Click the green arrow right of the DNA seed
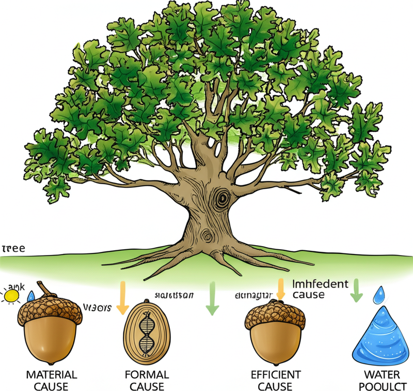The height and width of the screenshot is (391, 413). click(211, 298)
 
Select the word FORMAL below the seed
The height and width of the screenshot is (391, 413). click(147, 374)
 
